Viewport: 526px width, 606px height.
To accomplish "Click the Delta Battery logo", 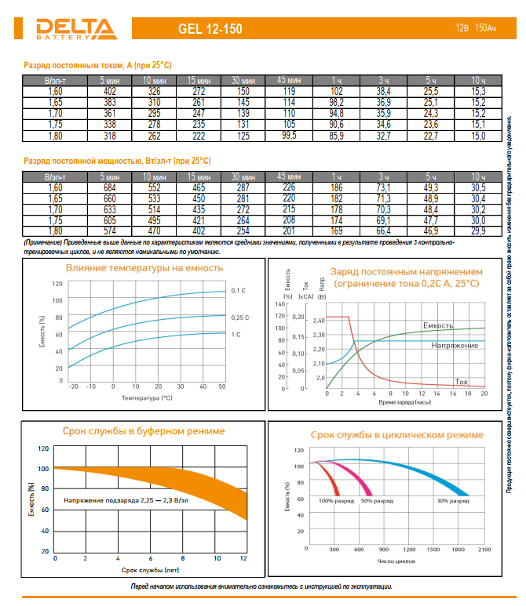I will coord(75,28).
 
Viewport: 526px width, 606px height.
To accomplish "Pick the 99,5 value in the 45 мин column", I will coord(289,136).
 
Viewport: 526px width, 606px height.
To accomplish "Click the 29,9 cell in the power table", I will coord(478,232).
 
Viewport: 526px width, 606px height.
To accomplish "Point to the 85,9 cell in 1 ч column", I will coord(337,136).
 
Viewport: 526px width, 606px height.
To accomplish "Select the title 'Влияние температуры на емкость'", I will coord(144,268).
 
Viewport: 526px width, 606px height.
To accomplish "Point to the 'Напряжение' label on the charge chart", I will coord(455,346).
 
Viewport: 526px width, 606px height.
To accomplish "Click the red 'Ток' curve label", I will coord(462,380).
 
